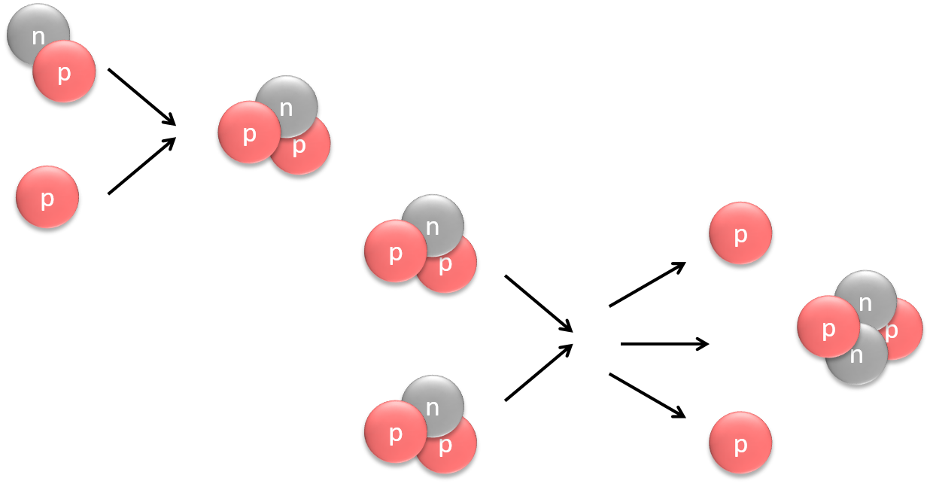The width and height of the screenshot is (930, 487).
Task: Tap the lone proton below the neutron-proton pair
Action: click(47, 197)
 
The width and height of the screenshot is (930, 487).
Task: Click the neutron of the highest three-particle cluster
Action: click(290, 101)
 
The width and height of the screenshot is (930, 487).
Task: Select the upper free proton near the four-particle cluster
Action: click(740, 233)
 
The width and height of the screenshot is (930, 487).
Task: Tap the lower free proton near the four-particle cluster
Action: click(740, 443)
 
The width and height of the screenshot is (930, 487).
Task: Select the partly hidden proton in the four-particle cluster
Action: click(907, 331)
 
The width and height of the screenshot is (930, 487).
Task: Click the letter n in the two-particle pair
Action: click(38, 35)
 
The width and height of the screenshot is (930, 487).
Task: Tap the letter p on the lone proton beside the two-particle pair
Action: click(47, 199)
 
